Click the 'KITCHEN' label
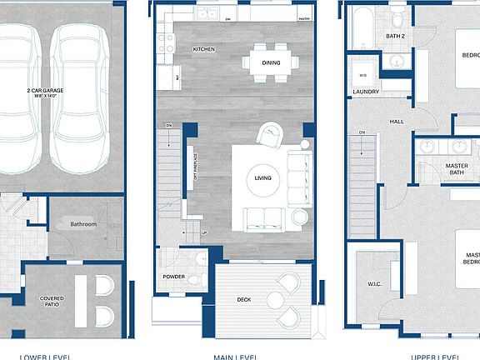(203, 49)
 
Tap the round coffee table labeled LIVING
(262, 177)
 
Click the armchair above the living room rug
(270, 134)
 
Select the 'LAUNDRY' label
(366, 92)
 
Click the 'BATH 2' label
(395, 36)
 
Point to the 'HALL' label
(397, 122)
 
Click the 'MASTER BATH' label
(456, 170)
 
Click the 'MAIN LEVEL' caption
(234, 356)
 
